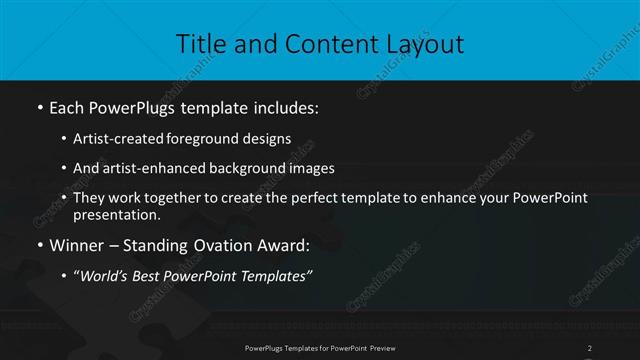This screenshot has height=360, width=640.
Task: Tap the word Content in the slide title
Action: [x=318, y=44]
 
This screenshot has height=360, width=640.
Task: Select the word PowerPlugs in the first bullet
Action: [x=135, y=105]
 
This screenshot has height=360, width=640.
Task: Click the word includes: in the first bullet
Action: [x=289, y=105]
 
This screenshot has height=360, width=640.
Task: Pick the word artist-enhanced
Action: [x=161, y=168]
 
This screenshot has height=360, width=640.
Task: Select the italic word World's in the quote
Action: [x=107, y=276]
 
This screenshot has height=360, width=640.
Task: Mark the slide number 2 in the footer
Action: [x=590, y=348]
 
